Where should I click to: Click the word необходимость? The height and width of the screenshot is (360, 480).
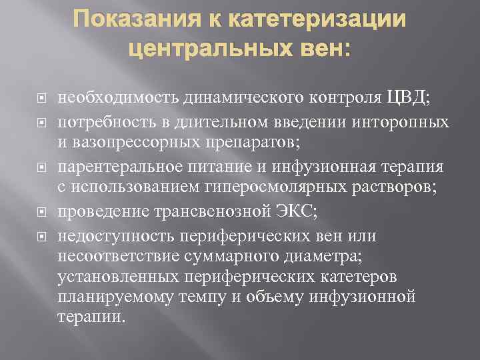111,99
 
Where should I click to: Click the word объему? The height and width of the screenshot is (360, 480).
286,295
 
